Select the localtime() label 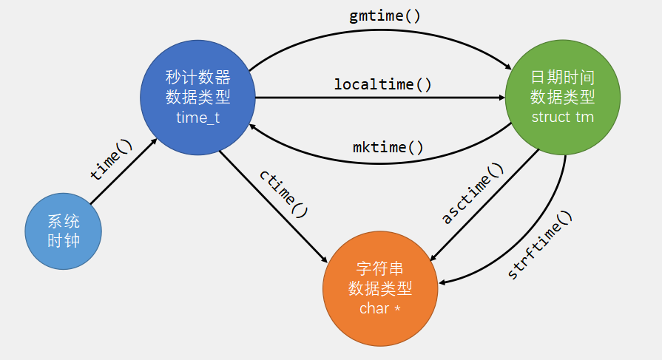point(382,84)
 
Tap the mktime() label point(388,146)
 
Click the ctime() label point(283,193)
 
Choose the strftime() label point(541,245)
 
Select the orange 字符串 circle point(380,288)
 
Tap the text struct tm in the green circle point(563,118)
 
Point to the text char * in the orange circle point(380,308)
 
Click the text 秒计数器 point(197,78)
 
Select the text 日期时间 point(563,78)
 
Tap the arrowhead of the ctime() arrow point(325,259)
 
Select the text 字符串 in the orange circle point(380,268)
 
